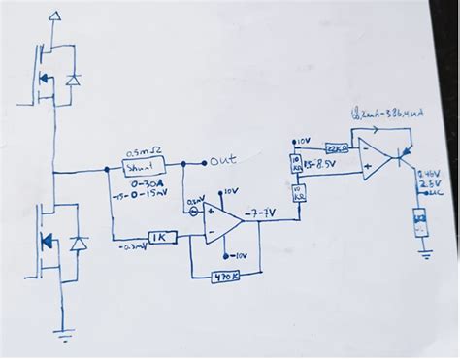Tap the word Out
[223, 160]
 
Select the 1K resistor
[160, 237]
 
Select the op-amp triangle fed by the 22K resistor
[373, 156]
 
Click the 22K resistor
[336, 147]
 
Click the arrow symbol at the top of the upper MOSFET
[54, 16]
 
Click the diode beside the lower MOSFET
[79, 242]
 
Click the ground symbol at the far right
[423, 253]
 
